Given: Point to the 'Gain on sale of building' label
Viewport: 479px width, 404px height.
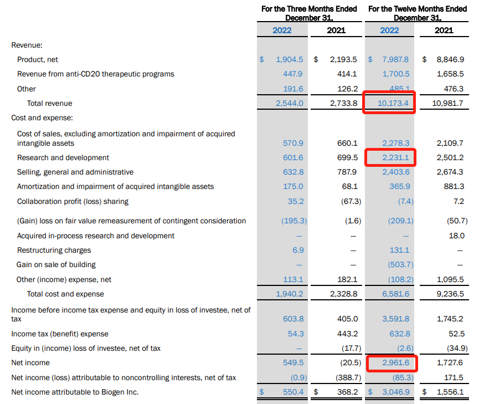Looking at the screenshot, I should tap(56, 264).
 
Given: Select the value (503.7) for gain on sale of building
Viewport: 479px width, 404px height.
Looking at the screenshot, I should tap(400, 264).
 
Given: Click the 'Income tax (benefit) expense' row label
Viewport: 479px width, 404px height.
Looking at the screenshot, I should tap(63, 334).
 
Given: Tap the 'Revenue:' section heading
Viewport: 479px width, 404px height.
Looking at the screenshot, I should tap(27, 45).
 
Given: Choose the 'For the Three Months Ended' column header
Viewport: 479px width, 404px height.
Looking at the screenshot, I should tap(308, 9).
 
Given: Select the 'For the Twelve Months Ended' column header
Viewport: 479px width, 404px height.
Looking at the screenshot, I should tap(418, 9).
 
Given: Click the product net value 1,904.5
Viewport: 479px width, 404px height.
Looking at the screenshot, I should tap(290, 59).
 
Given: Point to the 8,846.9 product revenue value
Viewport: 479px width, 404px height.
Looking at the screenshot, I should tap(450, 59).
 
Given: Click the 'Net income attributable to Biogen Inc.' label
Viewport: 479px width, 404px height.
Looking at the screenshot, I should tap(75, 392).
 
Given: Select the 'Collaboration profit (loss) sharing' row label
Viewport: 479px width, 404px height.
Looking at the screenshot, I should tap(73, 201).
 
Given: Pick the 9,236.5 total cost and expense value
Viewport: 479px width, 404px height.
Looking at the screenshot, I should tap(450, 294).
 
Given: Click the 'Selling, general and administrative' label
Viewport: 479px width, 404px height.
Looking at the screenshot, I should tap(75, 172).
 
